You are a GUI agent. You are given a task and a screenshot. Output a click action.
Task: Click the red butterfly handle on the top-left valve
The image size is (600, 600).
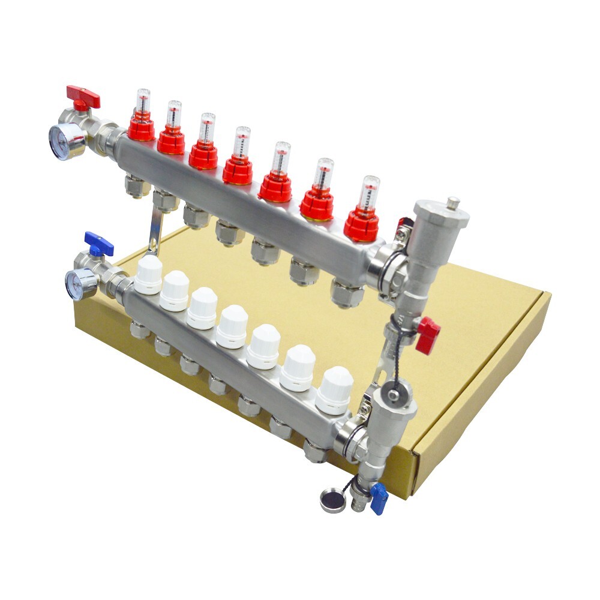83,95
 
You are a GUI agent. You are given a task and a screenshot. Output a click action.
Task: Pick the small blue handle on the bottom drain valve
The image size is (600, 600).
379,498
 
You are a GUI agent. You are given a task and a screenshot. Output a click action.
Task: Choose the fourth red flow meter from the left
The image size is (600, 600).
238,159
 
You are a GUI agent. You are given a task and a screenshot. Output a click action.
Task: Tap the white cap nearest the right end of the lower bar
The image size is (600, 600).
334,390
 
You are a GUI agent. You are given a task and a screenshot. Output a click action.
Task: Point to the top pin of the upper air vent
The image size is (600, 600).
454,201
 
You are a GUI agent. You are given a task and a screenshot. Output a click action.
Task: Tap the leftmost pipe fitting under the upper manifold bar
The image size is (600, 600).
137,186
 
